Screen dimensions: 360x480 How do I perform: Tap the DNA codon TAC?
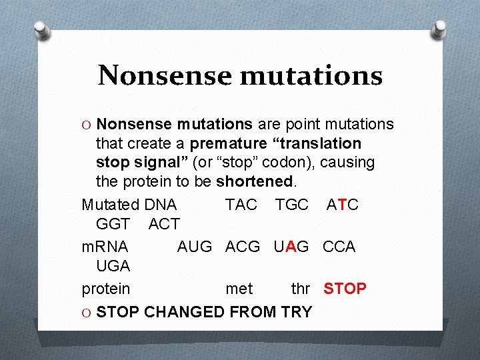241,205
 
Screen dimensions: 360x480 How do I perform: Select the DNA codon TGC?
291,205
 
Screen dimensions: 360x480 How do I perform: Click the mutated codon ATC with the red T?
342,205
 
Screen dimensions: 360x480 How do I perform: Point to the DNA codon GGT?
113,224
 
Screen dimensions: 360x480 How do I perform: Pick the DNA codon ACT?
164,224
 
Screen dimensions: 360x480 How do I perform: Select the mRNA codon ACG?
243,247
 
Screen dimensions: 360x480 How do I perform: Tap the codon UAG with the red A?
291,247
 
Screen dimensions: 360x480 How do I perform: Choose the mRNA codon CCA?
339,247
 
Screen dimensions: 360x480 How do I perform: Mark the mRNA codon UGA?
113,266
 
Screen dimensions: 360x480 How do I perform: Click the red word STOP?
345,289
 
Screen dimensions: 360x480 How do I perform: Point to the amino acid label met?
239,289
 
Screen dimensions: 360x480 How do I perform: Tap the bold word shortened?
254,181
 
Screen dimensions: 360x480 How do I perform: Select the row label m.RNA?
105,247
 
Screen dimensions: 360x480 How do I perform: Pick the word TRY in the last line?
296,311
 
